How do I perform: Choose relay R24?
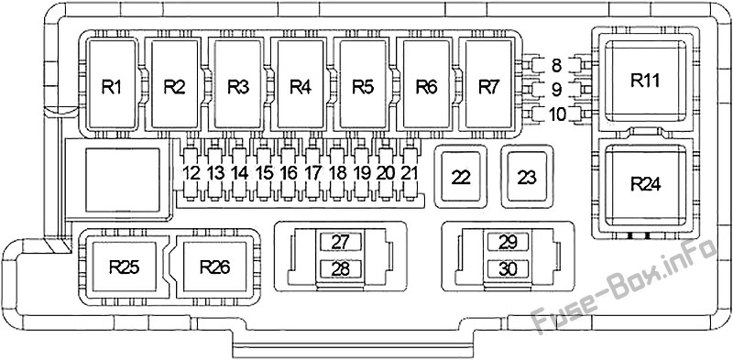646,185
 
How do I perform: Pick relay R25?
125,267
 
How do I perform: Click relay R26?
214,267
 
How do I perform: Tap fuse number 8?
556,65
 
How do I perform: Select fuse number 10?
556,114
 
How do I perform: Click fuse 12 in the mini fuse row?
191,173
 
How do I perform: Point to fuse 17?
312,173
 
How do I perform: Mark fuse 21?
409,173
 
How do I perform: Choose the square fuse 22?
461,177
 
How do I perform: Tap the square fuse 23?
527,177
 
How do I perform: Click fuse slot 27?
340,242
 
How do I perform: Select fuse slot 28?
340,268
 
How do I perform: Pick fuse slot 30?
508,268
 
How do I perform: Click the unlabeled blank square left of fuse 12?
123,179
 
